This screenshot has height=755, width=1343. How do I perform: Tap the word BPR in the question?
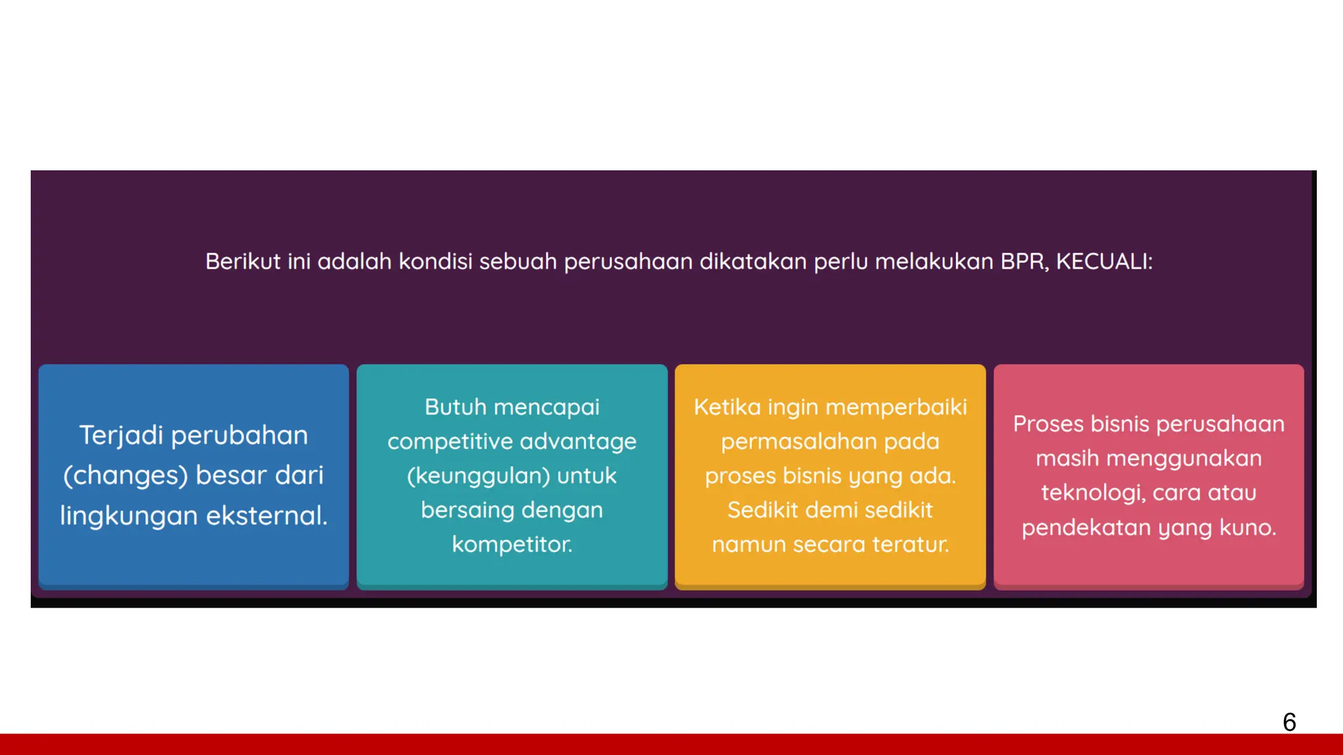(1024, 261)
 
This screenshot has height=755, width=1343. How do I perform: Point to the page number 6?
(1289, 722)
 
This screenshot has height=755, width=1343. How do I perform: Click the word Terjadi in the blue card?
(121, 435)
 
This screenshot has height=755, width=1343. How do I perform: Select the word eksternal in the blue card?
(266, 516)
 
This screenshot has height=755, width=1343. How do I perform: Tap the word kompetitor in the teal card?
(511, 544)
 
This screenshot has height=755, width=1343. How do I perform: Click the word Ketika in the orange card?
(727, 407)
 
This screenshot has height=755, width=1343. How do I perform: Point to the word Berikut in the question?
(243, 261)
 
